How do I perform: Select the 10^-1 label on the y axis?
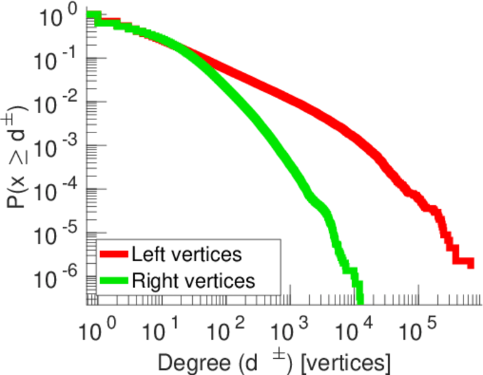(x=58, y=59)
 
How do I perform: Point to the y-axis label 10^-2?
(x=58, y=102)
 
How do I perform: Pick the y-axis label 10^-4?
(x=58, y=189)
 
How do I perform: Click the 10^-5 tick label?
(x=58, y=232)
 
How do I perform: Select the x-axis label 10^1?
(x=161, y=329)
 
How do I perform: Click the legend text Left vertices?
(x=186, y=254)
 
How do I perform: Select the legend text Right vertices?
(x=193, y=281)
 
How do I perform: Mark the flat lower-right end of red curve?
(x=464, y=262)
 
